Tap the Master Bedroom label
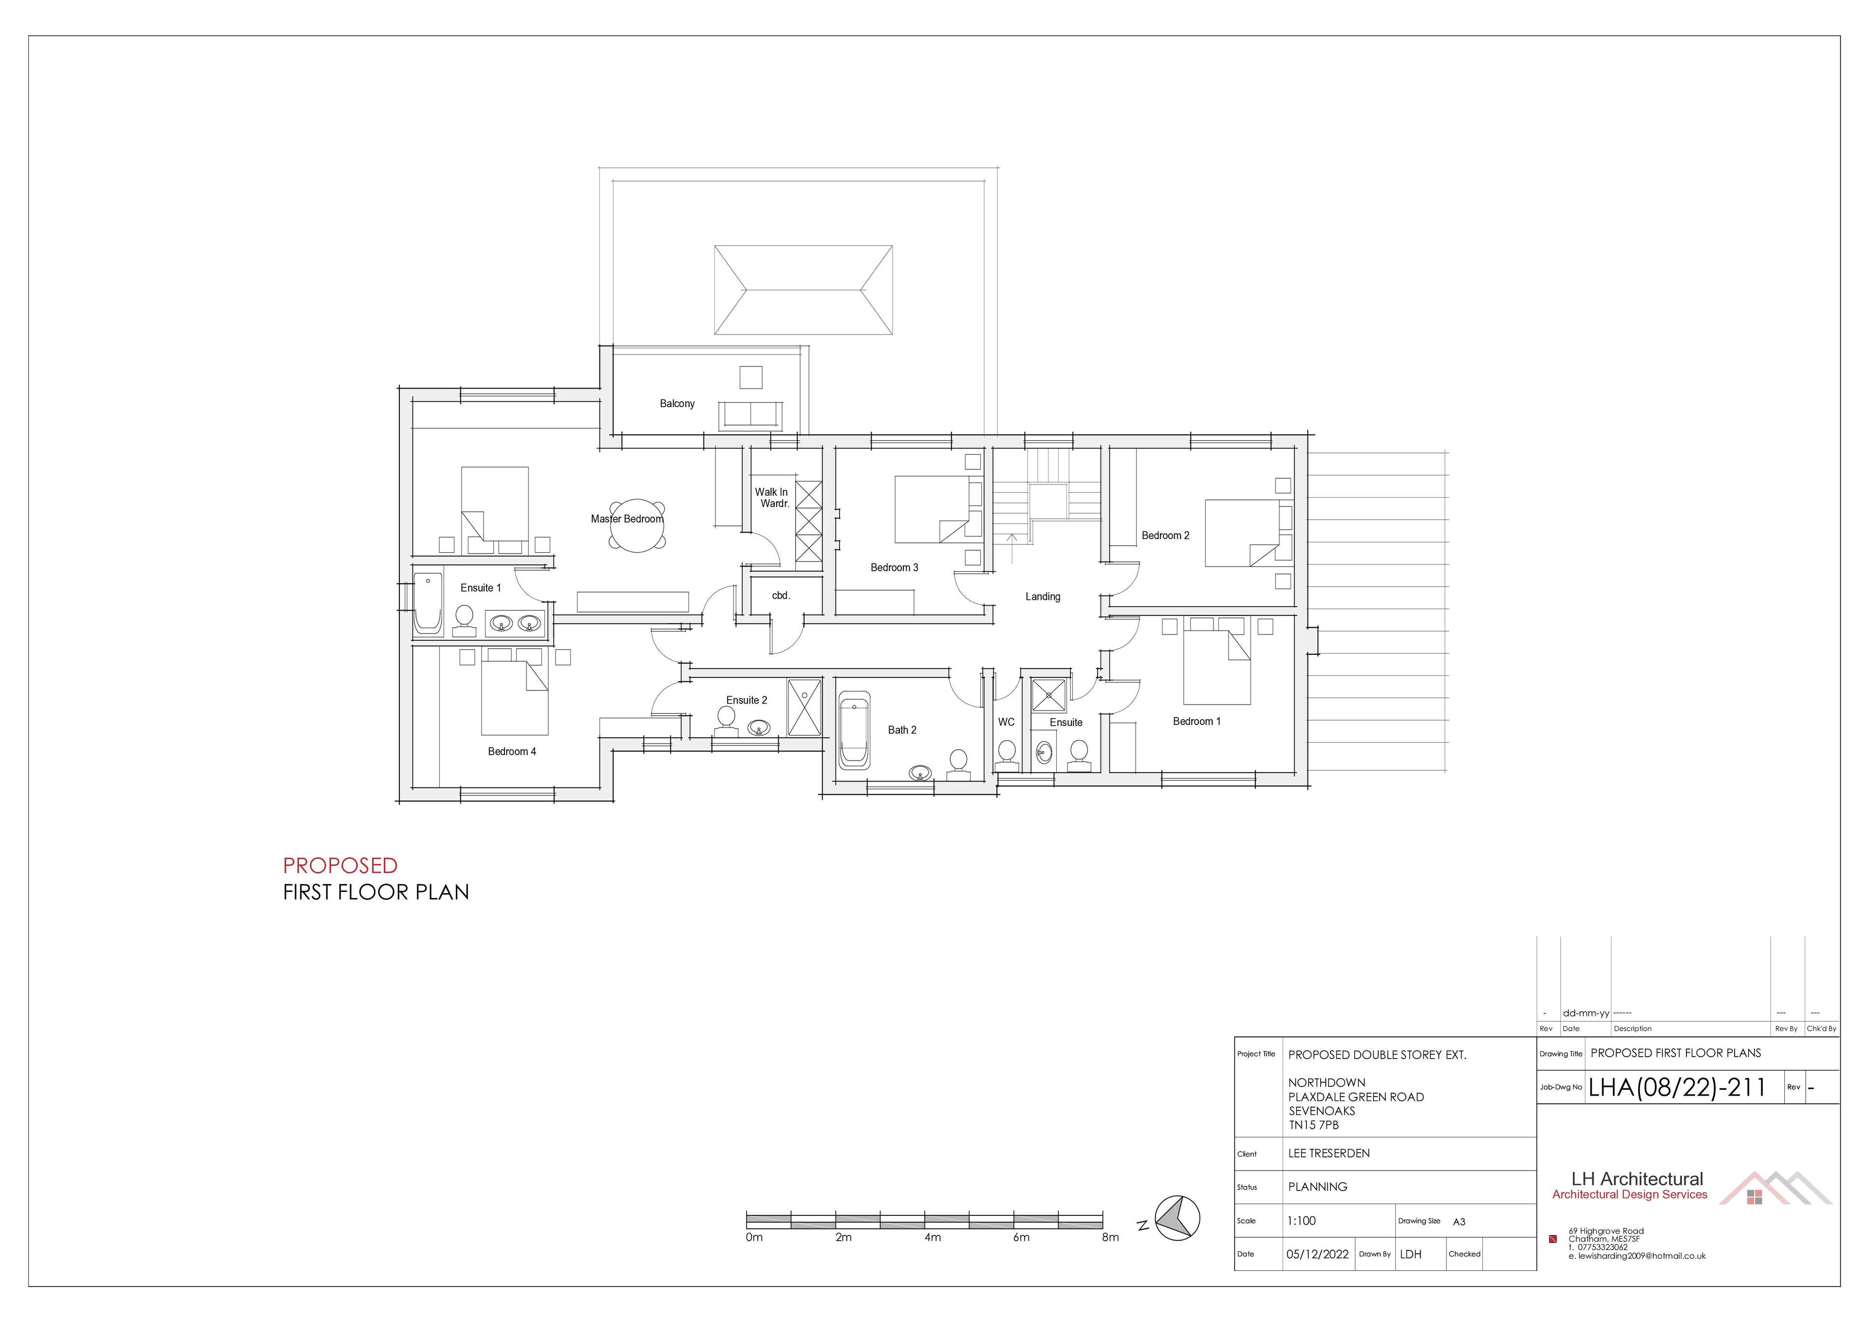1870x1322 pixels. click(x=627, y=519)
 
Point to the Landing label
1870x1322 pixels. click(x=1043, y=597)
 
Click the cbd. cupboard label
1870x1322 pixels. click(x=781, y=596)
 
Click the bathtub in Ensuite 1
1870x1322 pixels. click(x=428, y=603)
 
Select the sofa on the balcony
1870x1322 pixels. click(x=750, y=415)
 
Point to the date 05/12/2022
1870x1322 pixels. click(x=1317, y=1254)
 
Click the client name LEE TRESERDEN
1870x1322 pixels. click(x=1329, y=1154)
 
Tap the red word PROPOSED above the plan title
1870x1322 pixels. click(x=340, y=865)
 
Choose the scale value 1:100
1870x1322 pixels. click(x=1302, y=1221)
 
